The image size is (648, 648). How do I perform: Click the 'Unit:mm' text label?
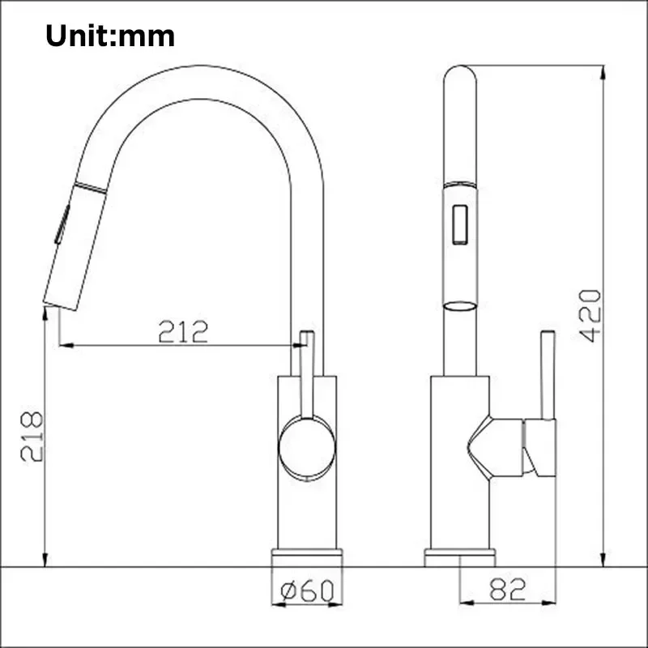click(110, 36)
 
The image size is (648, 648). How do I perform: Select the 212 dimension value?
click(183, 331)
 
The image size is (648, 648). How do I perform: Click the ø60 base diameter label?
click(307, 591)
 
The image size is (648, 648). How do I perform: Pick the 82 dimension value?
click(508, 590)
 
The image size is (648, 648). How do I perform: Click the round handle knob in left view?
click(306, 448)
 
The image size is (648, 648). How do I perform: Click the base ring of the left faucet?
click(307, 557)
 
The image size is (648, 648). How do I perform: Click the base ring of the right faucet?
click(460, 557)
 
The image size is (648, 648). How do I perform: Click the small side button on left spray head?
click(60, 225)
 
